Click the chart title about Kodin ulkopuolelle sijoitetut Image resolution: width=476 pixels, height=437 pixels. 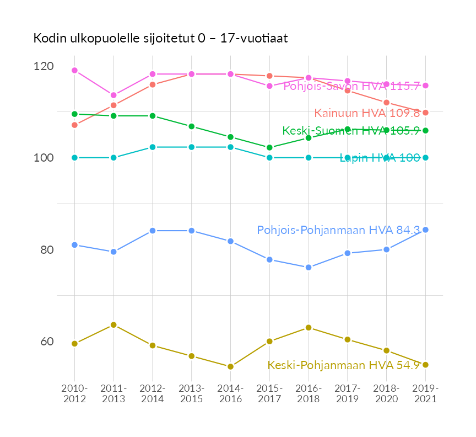point(160,38)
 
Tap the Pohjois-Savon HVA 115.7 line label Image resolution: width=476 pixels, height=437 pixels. point(351,86)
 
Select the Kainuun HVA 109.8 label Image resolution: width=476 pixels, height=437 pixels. point(367,113)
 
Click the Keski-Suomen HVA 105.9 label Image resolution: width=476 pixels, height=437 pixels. point(351,131)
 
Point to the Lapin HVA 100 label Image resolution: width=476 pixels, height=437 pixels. point(380,158)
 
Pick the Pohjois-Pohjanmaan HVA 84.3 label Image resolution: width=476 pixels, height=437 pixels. point(338,230)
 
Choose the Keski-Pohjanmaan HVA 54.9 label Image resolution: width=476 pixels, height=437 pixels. point(344,365)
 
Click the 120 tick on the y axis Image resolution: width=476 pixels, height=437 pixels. point(44,66)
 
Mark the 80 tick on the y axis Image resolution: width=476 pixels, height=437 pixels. point(46,250)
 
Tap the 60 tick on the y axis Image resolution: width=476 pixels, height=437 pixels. point(46,342)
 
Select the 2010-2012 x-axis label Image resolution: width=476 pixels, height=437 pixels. point(74,394)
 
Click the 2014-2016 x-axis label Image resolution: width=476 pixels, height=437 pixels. point(230,394)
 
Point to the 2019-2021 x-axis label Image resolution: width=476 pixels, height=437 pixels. point(425,394)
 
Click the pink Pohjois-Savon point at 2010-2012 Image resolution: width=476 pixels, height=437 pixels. point(74,71)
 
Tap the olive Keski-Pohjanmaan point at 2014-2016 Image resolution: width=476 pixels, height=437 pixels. point(230,366)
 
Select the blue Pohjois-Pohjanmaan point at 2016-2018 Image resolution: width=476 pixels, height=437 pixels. point(309,268)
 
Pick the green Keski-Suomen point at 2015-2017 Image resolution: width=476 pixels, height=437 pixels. point(269,147)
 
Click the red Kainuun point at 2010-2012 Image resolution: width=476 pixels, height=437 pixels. point(74,125)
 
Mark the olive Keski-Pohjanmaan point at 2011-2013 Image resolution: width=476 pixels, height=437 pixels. point(113,325)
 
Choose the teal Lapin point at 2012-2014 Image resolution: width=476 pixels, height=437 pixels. point(153,147)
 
